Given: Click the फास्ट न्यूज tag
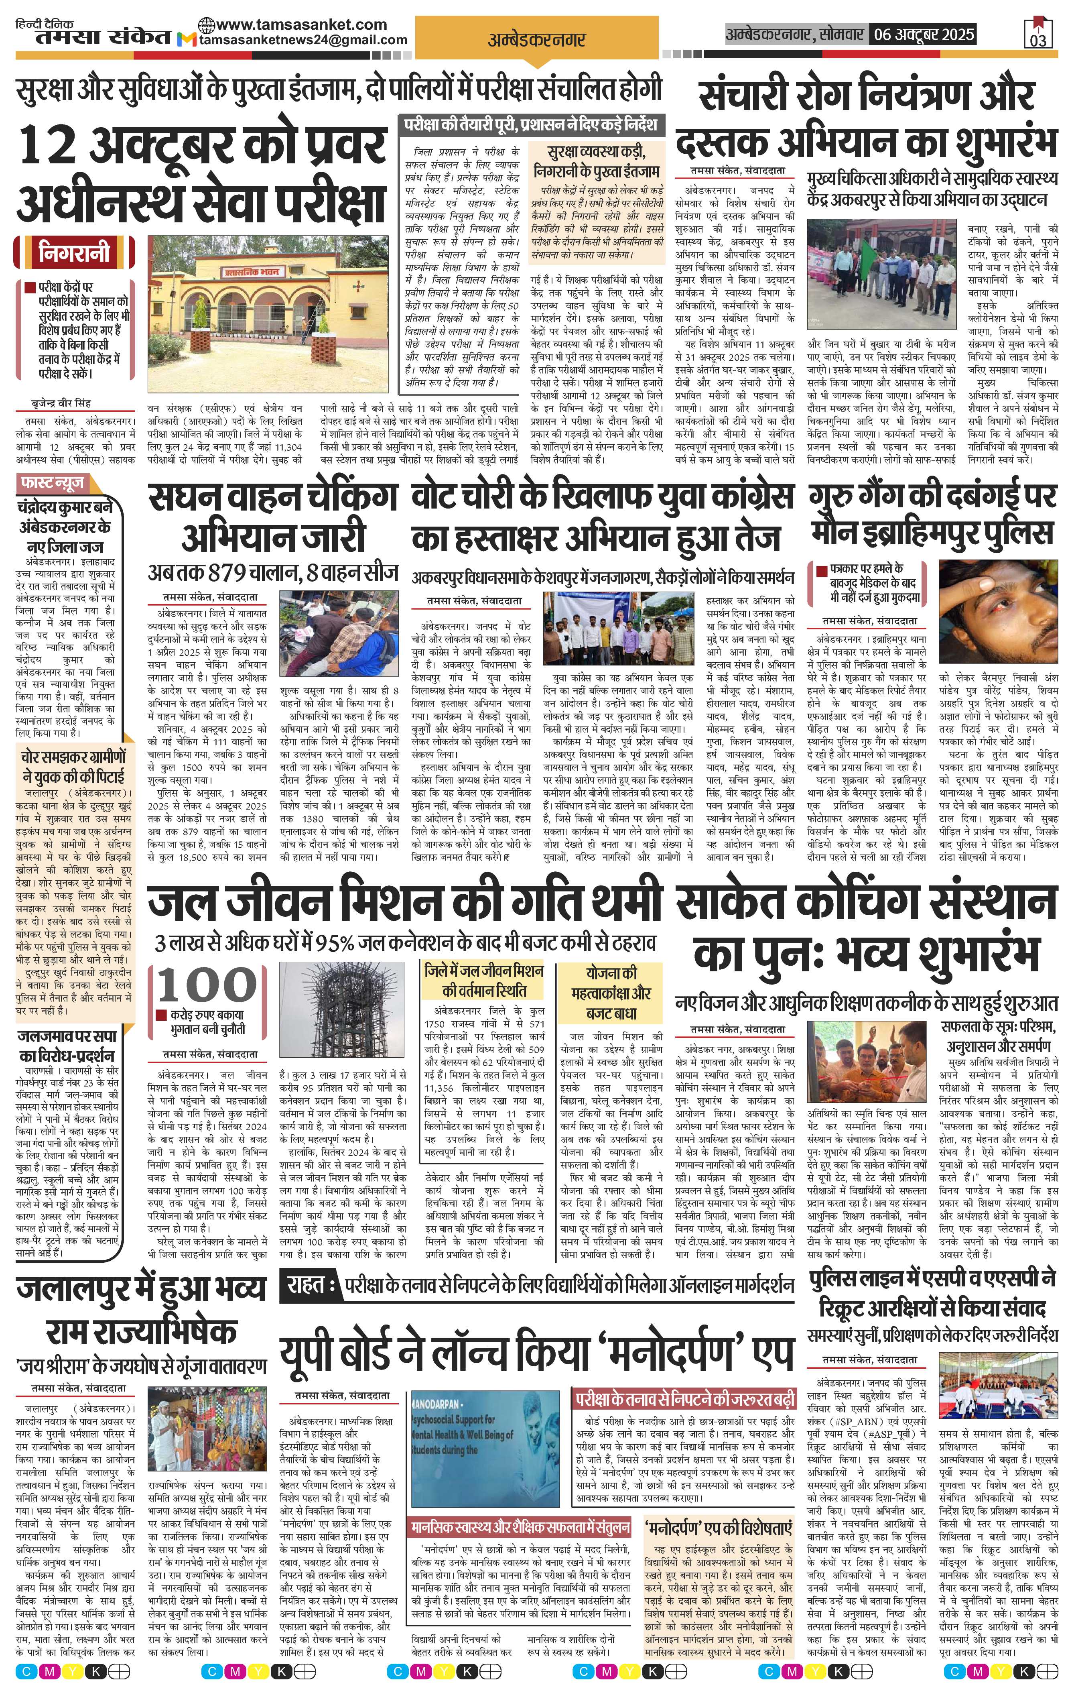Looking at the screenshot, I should click(x=53, y=483).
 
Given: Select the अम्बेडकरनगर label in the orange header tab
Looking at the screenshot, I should click(x=536, y=40).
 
